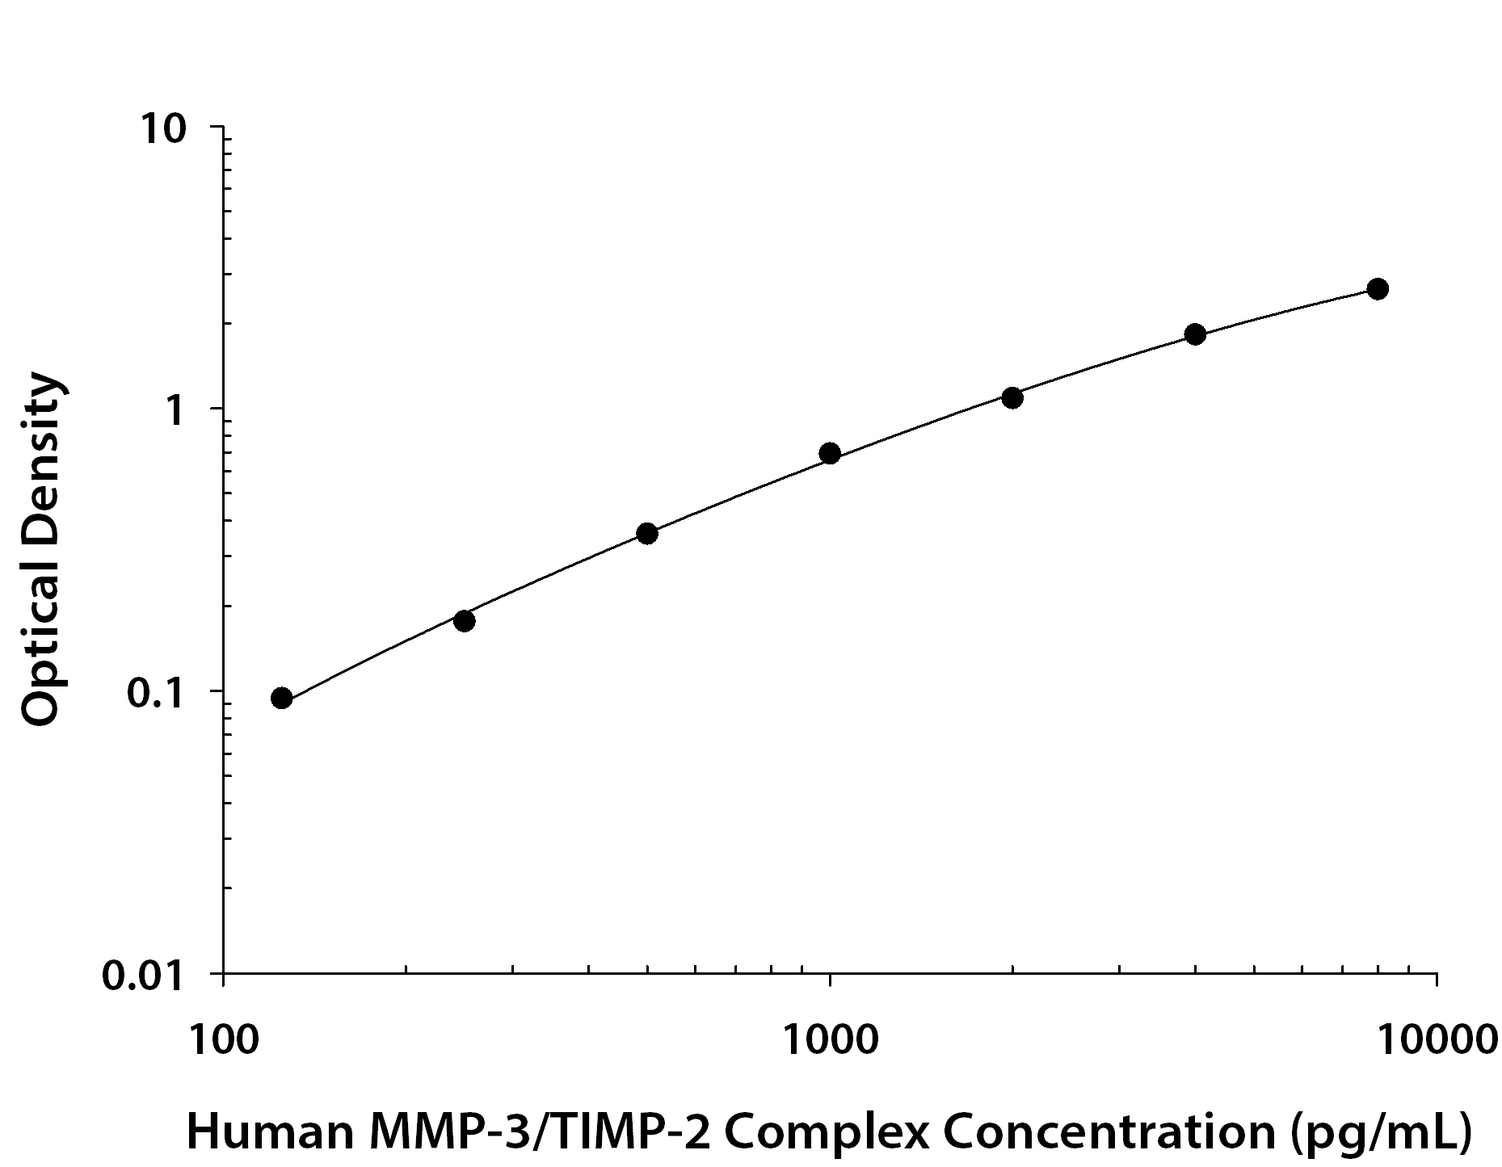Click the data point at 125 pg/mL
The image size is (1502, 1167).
click(281, 698)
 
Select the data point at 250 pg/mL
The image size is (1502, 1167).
click(465, 621)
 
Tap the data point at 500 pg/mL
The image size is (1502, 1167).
click(647, 533)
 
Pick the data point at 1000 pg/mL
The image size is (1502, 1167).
click(830, 453)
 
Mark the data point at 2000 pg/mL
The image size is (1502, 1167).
click(1012, 397)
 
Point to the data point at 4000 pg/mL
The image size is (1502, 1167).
click(1195, 334)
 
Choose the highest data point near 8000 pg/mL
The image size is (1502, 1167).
click(1378, 289)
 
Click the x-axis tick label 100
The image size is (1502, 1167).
click(223, 1039)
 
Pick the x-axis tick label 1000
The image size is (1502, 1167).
click(830, 1039)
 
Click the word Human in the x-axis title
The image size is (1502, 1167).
click(270, 1131)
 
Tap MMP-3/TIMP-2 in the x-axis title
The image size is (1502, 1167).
click(543, 1131)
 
